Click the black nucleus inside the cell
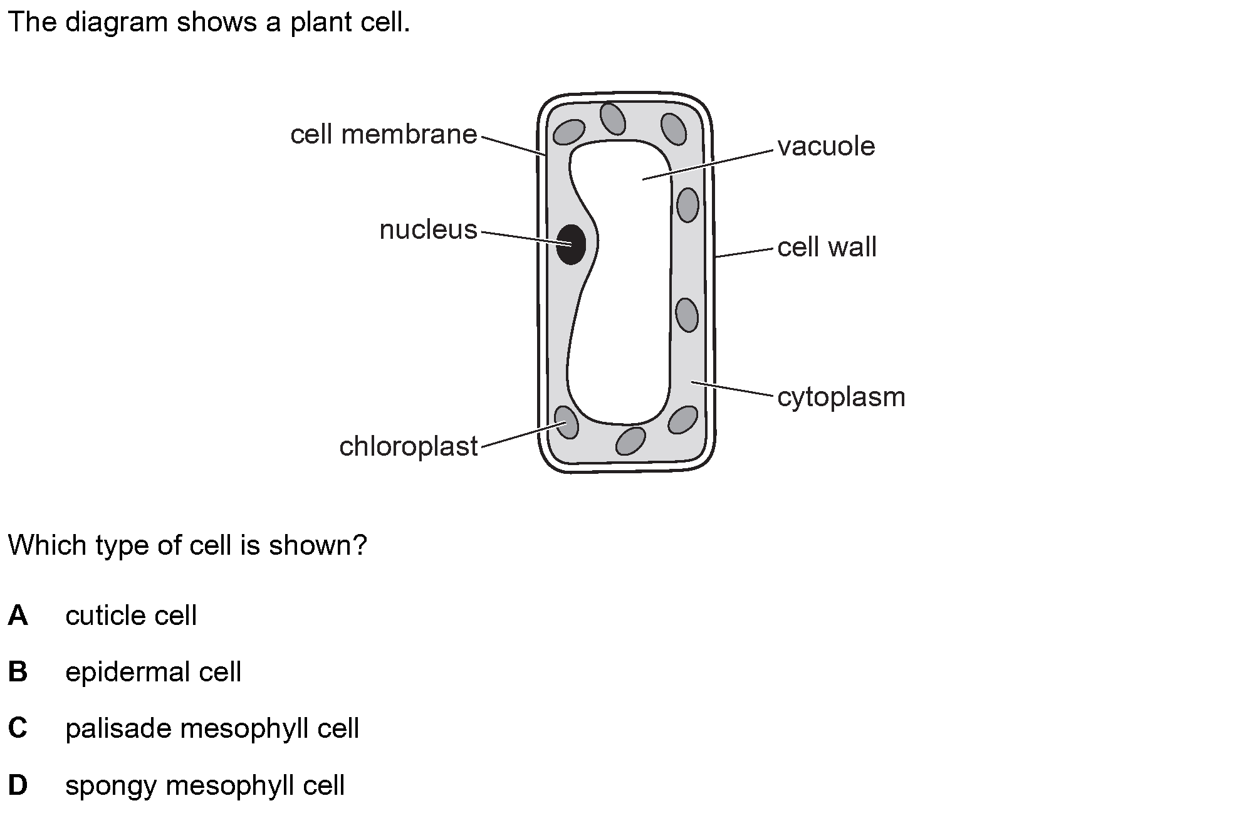point(571,244)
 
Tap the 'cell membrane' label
point(384,135)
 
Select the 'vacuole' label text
point(826,147)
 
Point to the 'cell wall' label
point(827,247)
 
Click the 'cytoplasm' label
point(841,397)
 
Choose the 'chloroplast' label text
point(409,446)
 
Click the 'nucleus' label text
point(429,230)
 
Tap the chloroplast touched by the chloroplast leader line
point(566,422)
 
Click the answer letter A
point(18,616)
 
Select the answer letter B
point(18,672)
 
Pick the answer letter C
point(18,728)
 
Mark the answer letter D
point(18,785)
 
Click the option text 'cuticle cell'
point(131,616)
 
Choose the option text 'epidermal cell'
point(154,673)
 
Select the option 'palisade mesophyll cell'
point(212,729)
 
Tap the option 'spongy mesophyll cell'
point(205,786)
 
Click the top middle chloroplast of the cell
point(612,118)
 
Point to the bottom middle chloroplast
point(630,441)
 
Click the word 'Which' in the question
point(48,545)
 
